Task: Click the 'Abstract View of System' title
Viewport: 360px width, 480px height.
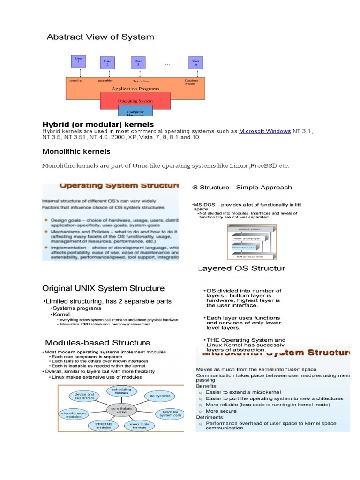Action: (x=100, y=37)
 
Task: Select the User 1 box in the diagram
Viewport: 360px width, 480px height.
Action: (x=79, y=61)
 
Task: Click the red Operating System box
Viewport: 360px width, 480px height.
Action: (x=135, y=101)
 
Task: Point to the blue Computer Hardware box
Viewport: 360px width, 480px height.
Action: (x=135, y=112)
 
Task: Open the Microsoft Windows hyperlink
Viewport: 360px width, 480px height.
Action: (x=265, y=132)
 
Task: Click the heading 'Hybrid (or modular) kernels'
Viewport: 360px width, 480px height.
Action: (x=98, y=124)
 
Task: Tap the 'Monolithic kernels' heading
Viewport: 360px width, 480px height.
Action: (x=76, y=151)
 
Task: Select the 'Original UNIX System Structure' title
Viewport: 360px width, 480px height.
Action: (x=104, y=288)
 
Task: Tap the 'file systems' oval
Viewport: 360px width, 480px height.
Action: (x=159, y=396)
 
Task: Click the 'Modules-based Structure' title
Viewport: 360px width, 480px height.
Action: (x=97, y=343)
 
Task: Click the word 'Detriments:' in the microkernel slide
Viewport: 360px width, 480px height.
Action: (x=210, y=417)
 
